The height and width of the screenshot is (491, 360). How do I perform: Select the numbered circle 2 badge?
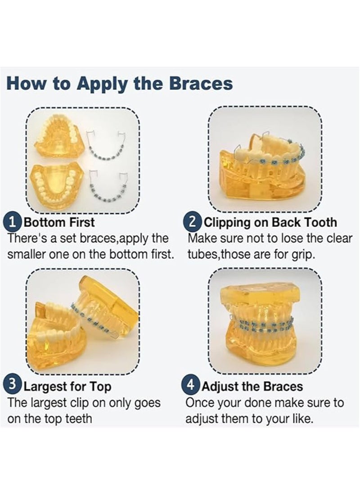[x=193, y=222]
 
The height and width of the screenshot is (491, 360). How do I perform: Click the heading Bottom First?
[x=59, y=222]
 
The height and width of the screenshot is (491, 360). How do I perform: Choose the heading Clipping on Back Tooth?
[x=270, y=222]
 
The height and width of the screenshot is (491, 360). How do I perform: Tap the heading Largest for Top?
[x=67, y=386]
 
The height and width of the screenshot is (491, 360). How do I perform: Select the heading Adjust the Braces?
[x=252, y=386]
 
